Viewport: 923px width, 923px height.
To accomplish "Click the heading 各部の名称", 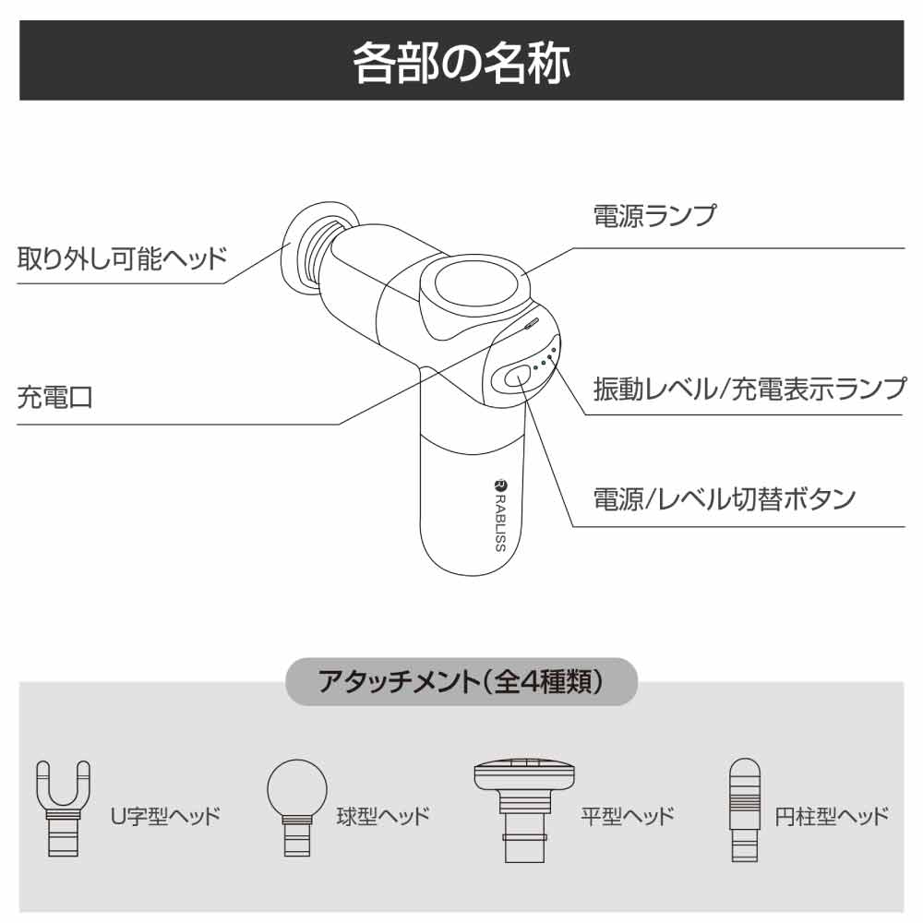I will click(x=461, y=61).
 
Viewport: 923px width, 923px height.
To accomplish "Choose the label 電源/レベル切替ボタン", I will click(x=724, y=499).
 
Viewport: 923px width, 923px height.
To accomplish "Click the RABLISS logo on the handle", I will click(x=499, y=514).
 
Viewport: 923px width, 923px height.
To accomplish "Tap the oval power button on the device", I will click(x=517, y=375).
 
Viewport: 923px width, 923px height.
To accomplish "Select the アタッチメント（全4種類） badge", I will click(x=461, y=682).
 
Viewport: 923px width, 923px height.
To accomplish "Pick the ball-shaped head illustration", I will click(x=297, y=808).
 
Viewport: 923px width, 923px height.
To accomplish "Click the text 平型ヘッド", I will click(x=628, y=816).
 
